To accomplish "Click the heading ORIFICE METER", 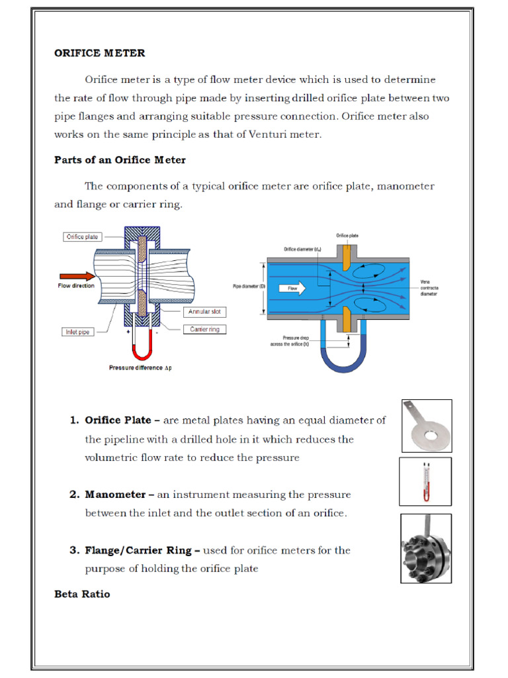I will click(x=99, y=53).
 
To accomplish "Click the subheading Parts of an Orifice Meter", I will click(x=120, y=160).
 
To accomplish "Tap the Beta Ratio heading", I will click(x=82, y=594).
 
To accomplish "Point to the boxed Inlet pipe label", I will click(x=78, y=332).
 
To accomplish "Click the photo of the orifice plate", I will click(x=426, y=426).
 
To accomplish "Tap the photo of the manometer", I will click(x=425, y=481).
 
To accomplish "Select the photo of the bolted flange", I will click(x=425, y=548).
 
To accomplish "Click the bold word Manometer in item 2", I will click(x=112, y=495).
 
